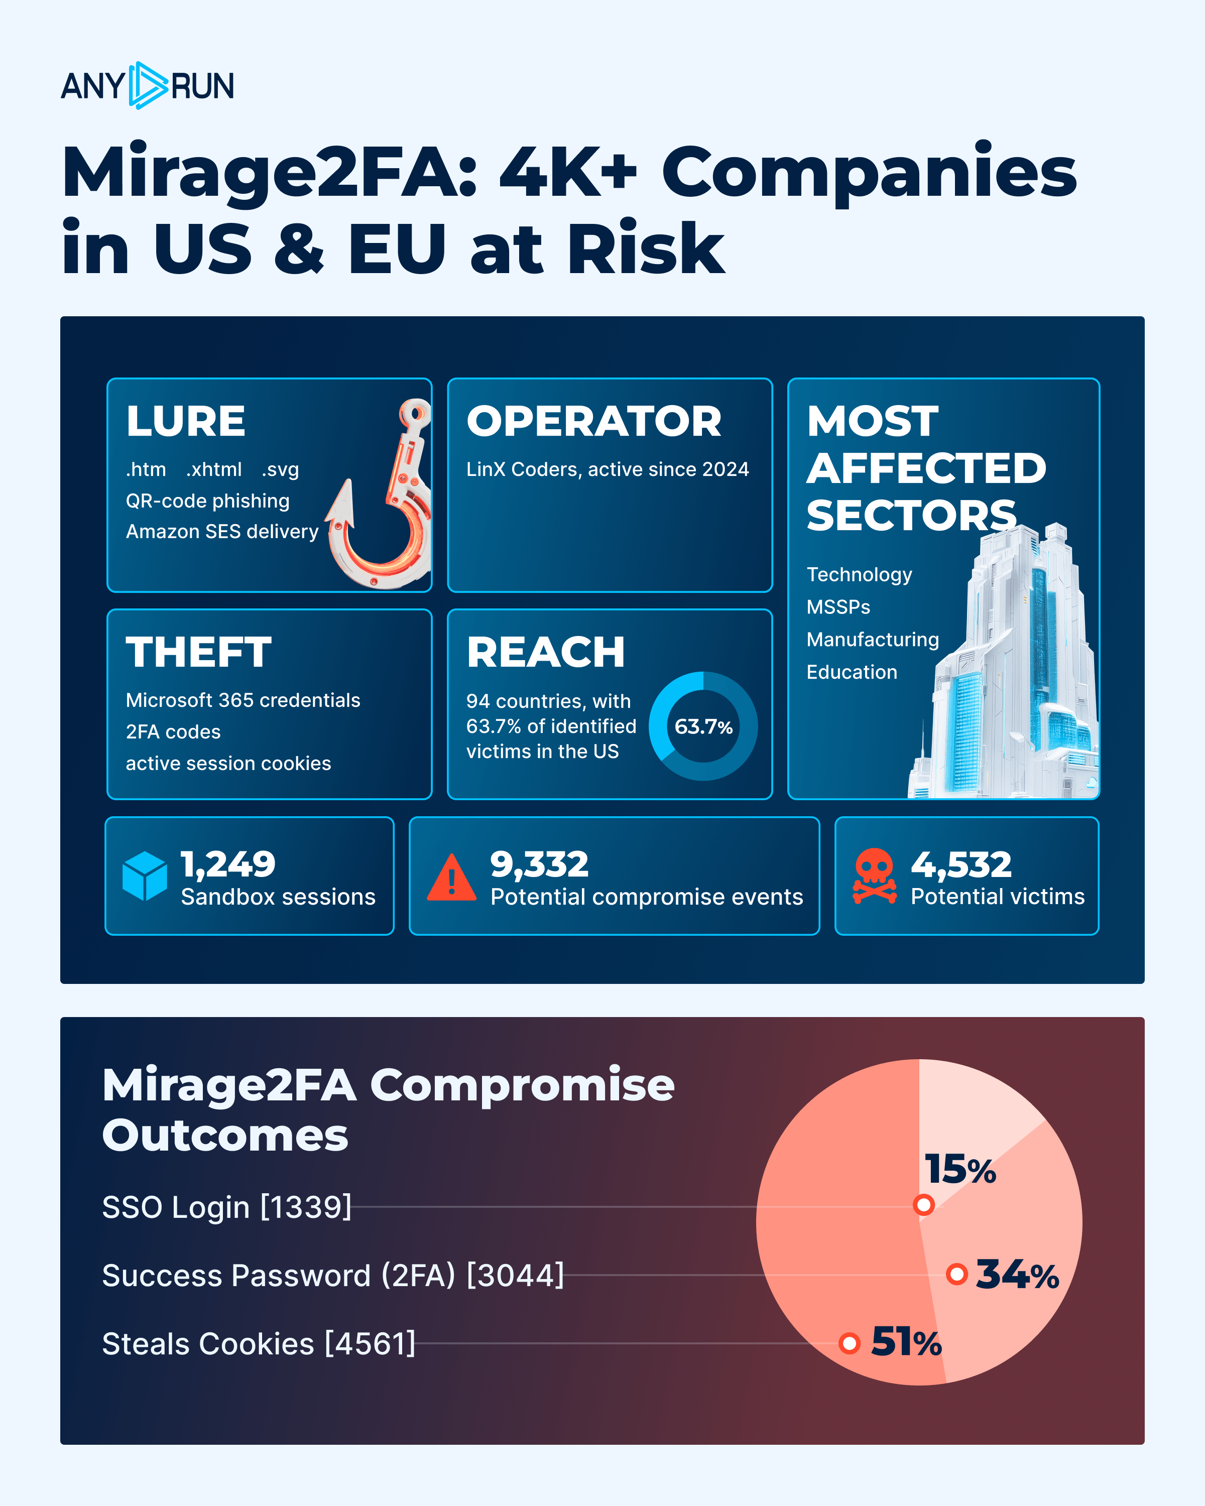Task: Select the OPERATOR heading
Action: click(x=594, y=421)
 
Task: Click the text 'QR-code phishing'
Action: click(x=207, y=501)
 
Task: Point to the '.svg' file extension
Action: click(x=280, y=469)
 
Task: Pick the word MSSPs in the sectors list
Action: click(x=838, y=607)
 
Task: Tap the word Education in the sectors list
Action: click(x=852, y=672)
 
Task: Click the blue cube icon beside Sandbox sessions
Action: click(x=145, y=876)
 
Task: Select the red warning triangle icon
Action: click(x=452, y=877)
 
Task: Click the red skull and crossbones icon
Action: click(x=875, y=876)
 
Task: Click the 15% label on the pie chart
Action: click(x=960, y=1169)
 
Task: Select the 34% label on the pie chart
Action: click(x=1017, y=1274)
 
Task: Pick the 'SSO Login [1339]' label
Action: click(x=227, y=1207)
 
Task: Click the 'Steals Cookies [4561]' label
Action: click(x=259, y=1344)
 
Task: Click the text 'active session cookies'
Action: click(x=228, y=764)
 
